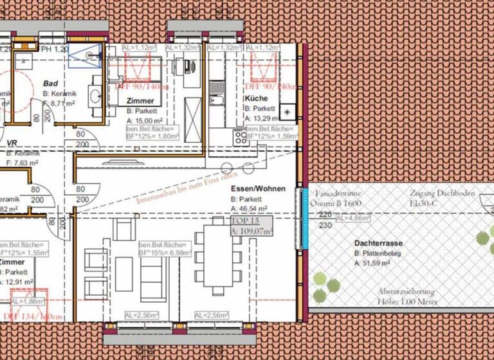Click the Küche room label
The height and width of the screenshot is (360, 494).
256,98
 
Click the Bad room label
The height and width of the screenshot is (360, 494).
51,84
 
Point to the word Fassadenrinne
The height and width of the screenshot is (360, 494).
338,193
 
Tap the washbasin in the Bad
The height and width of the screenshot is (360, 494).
96,98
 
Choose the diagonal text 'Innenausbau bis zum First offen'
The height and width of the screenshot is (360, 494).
187,187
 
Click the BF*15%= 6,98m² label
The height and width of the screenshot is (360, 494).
164,253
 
